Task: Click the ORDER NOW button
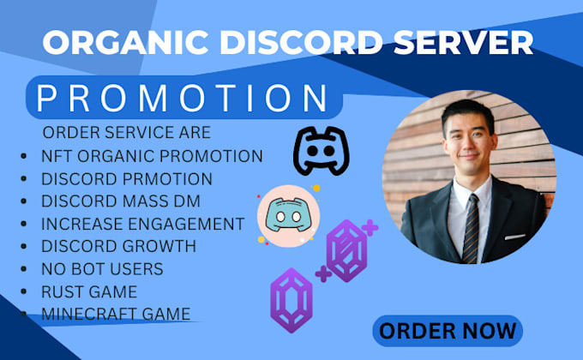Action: click(x=448, y=329)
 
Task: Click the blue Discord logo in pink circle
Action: click(x=288, y=214)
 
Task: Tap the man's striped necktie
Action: click(x=472, y=228)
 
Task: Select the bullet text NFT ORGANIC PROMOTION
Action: click(x=151, y=156)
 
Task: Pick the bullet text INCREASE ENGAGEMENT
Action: click(x=142, y=224)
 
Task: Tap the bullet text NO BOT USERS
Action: click(x=102, y=269)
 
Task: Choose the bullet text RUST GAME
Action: click(x=88, y=291)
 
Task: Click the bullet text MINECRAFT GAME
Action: click(x=115, y=314)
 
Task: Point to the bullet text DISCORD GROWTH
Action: click(x=118, y=247)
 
